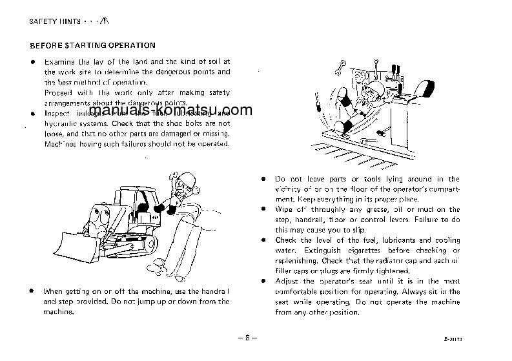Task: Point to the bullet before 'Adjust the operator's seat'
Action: coord(265,282)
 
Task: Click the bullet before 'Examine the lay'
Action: coord(33,61)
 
